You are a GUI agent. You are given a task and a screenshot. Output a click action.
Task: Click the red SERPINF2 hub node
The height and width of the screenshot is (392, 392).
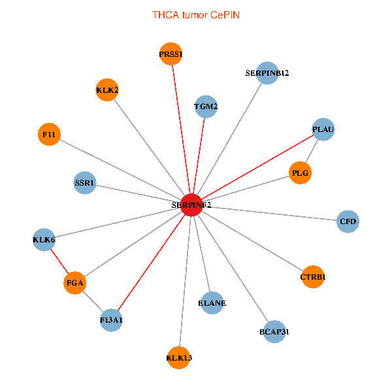[191, 204]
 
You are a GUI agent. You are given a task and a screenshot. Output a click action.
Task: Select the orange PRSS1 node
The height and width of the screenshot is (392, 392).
[171, 54]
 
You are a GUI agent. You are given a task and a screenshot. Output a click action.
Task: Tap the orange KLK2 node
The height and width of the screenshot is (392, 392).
[107, 90]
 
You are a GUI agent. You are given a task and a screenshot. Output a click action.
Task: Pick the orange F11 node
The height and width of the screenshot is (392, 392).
[49, 135]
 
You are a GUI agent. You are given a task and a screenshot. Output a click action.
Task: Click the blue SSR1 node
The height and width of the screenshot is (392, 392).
[85, 183]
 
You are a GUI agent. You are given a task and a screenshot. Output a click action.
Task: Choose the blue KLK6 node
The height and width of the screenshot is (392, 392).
[44, 240]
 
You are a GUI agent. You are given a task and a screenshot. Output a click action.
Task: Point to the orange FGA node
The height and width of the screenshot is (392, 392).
[75, 284]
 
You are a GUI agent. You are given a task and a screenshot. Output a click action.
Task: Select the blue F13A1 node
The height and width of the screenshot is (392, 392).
[112, 320]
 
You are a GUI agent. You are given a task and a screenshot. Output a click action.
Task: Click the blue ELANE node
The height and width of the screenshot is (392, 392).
[212, 302]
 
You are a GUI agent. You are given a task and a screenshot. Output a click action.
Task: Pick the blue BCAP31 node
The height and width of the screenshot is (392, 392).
[274, 331]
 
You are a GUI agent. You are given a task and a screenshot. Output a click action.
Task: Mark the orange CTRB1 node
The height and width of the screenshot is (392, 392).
[313, 277]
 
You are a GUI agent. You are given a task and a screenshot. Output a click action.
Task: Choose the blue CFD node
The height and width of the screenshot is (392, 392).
[348, 221]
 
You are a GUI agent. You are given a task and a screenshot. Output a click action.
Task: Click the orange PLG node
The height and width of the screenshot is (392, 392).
[300, 173]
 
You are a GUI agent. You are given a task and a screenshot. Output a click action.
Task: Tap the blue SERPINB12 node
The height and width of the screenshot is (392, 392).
[267, 73]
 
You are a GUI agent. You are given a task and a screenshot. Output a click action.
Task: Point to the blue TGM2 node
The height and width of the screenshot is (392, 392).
[206, 106]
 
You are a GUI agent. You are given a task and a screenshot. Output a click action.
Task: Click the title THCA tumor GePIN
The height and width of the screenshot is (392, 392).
[196, 14]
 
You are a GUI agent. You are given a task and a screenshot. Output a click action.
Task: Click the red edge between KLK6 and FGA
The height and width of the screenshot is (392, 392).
[59, 261]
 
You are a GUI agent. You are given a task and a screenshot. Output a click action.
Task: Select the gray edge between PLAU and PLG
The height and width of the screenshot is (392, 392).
[312, 151]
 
